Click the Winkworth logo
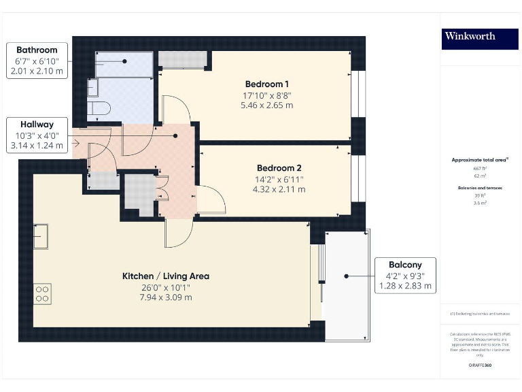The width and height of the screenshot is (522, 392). (x=470, y=36)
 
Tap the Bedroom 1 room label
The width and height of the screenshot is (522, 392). (x=266, y=84)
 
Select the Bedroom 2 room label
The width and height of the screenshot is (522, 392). (x=279, y=168)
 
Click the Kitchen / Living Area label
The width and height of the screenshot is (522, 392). (x=166, y=276)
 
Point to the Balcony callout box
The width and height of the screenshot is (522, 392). (x=405, y=276)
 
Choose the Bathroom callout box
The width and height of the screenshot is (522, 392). (x=37, y=61)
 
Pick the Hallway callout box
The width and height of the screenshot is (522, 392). (x=37, y=135)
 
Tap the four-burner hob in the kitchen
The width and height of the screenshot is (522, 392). (x=42, y=293)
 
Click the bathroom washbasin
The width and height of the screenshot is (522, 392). (x=93, y=88)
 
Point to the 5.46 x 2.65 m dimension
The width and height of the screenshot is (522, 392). (x=266, y=105)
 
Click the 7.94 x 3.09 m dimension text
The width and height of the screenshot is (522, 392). (x=166, y=297)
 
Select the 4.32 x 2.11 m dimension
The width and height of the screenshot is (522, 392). (x=279, y=189)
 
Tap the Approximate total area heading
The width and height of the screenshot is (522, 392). (x=481, y=160)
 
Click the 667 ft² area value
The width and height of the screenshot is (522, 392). (x=481, y=168)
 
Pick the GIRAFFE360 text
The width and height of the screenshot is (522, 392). (x=481, y=365)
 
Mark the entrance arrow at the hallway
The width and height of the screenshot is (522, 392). (x=77, y=143)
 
